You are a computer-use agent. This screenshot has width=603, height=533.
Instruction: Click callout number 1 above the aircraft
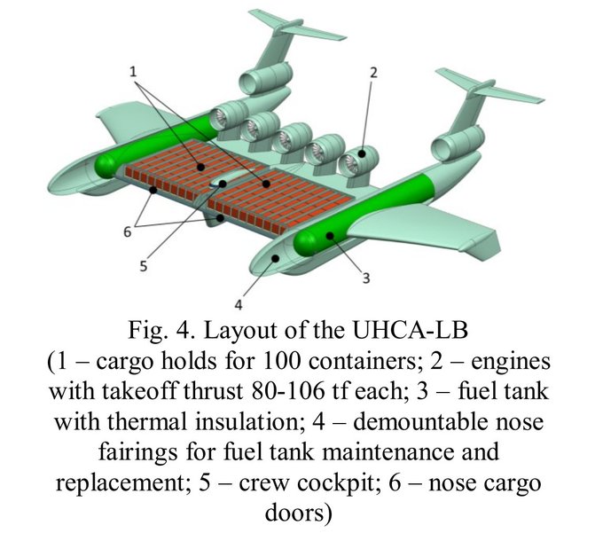point(133,72)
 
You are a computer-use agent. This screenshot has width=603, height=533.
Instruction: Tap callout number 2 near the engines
point(373,73)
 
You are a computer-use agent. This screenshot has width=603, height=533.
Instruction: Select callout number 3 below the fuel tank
point(366,278)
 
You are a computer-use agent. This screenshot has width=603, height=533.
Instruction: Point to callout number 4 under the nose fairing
point(239,305)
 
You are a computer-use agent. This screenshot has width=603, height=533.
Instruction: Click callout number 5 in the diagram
point(144,266)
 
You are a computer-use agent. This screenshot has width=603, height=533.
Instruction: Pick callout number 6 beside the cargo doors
point(128,231)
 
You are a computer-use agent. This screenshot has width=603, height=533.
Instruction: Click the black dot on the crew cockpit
point(223,184)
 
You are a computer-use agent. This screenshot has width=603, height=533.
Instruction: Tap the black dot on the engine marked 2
point(362,153)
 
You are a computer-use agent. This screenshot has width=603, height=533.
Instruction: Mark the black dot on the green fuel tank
point(330,235)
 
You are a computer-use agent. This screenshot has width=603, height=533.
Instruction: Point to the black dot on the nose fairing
point(276,258)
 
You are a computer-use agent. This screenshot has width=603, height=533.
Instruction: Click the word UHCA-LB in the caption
point(410,330)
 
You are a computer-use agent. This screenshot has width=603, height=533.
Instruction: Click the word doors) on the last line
point(299,513)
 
